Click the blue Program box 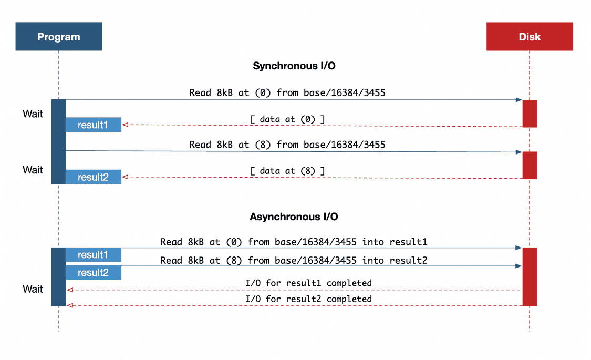58,37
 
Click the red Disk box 529,37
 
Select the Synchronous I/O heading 294,66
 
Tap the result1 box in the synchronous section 93,125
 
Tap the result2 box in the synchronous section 93,177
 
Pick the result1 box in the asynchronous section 93,255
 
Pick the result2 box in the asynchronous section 93,272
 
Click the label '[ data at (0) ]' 287,120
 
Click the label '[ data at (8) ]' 287,171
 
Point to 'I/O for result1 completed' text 309,283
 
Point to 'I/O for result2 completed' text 309,299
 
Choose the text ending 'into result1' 294,242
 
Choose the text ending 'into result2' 294,260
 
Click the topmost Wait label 33,114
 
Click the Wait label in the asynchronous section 33,290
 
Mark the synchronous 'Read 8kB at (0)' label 287,93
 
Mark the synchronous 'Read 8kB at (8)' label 287,145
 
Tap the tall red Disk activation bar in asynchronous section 530,276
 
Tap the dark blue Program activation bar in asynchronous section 58,276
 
